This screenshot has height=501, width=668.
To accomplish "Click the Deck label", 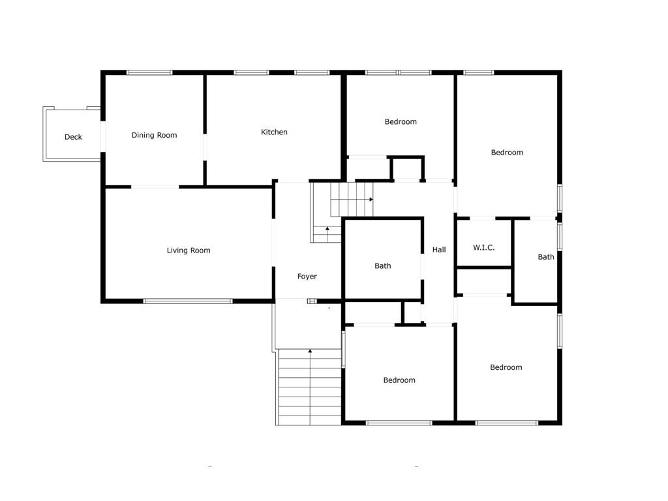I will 73,137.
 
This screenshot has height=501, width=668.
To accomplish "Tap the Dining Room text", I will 154,135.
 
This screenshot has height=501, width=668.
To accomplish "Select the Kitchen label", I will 274,132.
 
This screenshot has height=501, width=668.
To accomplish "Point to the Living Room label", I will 189,250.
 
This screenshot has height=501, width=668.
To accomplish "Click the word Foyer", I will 307,277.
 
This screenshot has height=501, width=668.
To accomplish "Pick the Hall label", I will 439,249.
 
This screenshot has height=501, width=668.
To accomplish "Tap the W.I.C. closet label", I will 483,248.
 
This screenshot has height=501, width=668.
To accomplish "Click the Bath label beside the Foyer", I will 383,266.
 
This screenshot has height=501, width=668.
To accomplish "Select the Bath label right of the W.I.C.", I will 546,257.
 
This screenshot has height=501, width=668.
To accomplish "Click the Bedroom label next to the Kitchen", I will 401,121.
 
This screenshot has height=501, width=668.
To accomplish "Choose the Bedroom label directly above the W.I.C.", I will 507,153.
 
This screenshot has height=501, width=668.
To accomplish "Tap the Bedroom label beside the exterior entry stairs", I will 399,380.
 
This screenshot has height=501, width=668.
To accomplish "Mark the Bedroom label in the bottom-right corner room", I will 506,367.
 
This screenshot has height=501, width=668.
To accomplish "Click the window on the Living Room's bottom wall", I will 188,301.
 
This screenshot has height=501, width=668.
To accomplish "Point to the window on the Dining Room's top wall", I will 149,72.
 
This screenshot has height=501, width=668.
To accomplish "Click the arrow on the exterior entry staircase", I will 310,352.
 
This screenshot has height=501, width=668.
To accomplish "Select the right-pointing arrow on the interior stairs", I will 371,199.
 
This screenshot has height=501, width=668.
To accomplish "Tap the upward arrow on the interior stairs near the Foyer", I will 327,229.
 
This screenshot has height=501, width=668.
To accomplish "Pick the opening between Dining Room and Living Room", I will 155,187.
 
